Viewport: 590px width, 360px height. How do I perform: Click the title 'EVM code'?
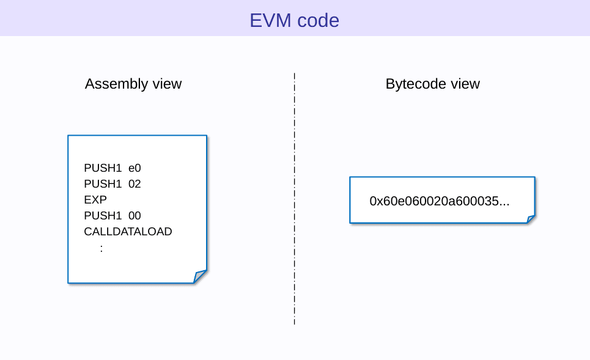pos(294,20)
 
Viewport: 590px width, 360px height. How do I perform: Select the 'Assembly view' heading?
pos(133,84)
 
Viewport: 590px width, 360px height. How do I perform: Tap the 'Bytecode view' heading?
pos(432,84)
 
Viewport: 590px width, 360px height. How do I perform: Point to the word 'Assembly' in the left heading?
pos(116,84)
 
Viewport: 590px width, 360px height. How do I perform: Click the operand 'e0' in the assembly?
pos(135,168)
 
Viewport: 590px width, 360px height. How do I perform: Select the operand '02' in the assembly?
pos(135,184)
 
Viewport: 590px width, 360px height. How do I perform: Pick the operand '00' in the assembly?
pos(135,216)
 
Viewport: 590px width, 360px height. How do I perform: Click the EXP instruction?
pos(95,200)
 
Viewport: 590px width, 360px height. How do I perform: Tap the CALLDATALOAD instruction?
pos(128,232)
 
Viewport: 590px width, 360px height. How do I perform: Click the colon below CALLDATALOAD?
pos(101,248)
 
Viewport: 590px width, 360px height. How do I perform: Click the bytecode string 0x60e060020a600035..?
pos(439,201)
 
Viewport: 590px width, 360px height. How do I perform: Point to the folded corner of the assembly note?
pos(200,277)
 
